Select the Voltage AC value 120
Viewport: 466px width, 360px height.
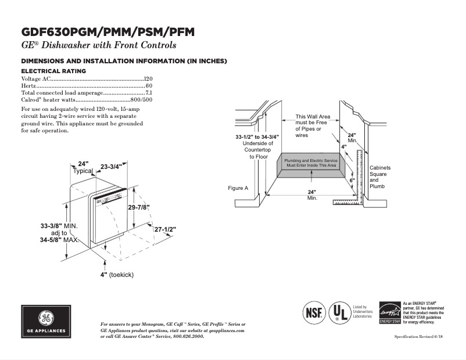coord(148,78)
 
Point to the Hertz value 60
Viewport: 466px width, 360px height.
coord(149,85)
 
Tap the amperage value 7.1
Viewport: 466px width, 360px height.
coord(148,93)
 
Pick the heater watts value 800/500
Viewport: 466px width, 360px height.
coord(141,100)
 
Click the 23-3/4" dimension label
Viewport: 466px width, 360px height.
coord(111,167)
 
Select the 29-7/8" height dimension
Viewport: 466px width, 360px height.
coord(139,207)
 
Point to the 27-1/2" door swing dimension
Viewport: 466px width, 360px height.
coord(165,229)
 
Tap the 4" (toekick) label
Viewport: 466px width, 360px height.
coord(116,275)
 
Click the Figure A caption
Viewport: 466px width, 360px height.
coord(238,188)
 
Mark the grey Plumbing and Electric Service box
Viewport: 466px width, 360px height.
coord(311,163)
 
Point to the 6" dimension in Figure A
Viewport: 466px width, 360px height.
coord(352,181)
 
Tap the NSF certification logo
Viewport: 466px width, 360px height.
coord(312,313)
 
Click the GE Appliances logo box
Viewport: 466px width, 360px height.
coord(46,322)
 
